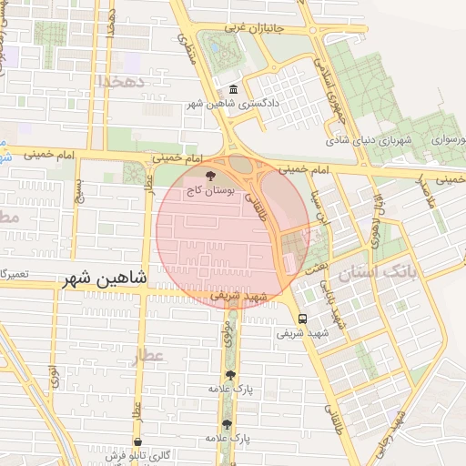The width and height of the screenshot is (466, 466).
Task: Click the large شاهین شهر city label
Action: coord(106,280)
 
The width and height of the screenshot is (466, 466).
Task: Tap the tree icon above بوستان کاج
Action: coord(212,176)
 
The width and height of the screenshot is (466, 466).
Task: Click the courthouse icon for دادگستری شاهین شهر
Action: coord(233,89)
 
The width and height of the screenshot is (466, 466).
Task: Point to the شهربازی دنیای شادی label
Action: coord(370,141)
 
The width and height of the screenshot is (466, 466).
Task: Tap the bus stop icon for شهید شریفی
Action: coord(302,319)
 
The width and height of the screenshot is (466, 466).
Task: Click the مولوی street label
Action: coord(226,339)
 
